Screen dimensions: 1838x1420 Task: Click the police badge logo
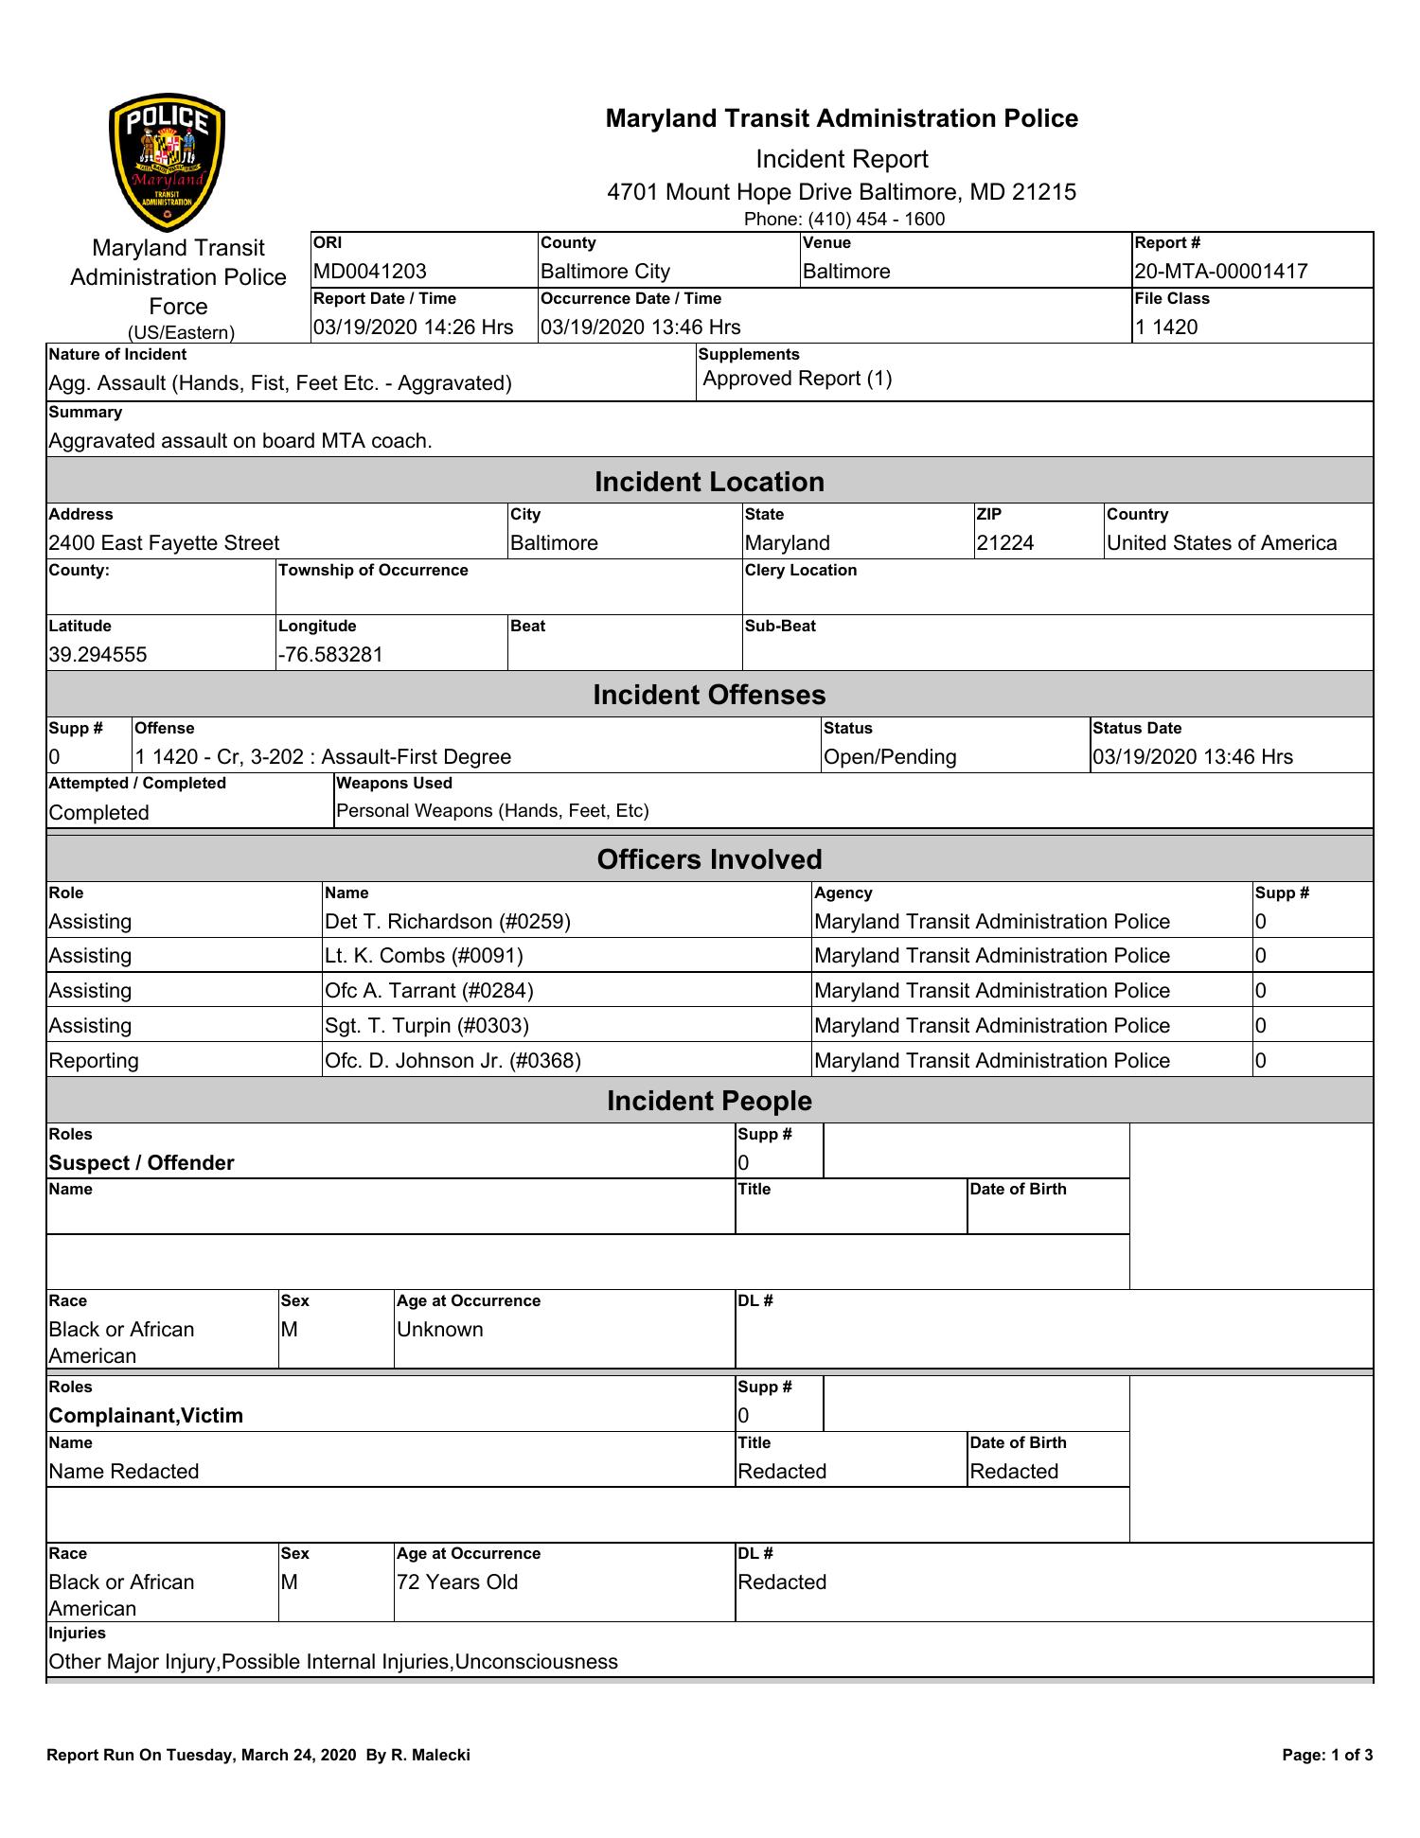168,163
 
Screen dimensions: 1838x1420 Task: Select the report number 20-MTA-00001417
1220,272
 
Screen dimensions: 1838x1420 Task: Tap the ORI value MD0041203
370,272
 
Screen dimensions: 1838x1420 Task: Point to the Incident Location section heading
709,482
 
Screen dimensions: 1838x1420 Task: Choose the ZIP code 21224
1004,543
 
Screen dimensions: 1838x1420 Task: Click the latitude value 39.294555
98,655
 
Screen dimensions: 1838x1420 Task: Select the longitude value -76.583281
330,655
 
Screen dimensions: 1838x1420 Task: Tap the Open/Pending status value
890,757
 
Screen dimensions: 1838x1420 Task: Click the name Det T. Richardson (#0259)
448,922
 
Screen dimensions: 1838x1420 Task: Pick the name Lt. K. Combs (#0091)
423,956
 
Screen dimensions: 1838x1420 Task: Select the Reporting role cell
94,1061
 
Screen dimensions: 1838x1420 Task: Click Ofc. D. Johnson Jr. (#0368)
453,1061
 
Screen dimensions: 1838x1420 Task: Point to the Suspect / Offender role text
141,1163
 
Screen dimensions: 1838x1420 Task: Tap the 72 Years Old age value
457,1582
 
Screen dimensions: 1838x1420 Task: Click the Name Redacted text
124,1472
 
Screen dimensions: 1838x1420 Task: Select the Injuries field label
77,1634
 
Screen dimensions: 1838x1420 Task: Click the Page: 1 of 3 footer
1327,1756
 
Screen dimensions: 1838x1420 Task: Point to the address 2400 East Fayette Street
164,543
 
